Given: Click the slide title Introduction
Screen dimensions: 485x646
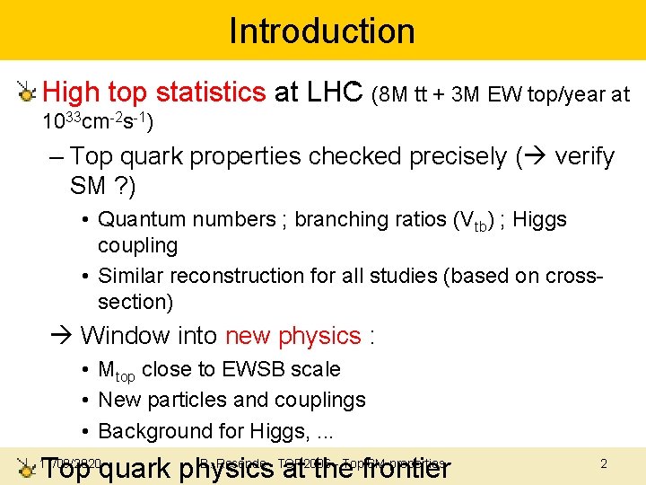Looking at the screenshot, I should coord(322,31).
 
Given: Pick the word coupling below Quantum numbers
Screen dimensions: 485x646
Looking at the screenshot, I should coord(137,245).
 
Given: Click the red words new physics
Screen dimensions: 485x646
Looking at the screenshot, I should coord(292,336).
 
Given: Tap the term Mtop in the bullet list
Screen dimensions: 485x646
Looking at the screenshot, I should coord(117,370).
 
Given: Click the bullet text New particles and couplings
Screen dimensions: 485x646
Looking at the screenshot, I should coord(231,400).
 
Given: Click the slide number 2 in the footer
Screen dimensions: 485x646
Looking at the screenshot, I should coord(604,463).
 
